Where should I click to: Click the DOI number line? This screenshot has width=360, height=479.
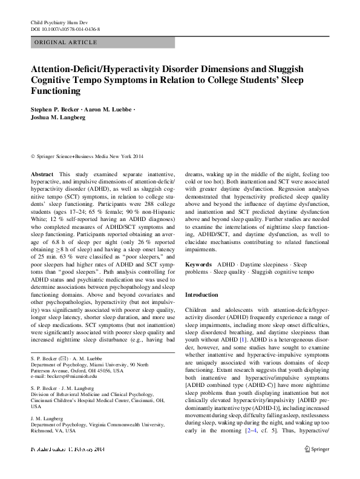pyautogui.click(x=65, y=28)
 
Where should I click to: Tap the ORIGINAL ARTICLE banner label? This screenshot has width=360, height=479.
pyautogui.click(x=66, y=42)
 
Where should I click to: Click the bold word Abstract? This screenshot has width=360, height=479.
pyautogui.click(x=42, y=174)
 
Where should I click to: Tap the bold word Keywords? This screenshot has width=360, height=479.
pyautogui.click(x=198, y=265)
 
